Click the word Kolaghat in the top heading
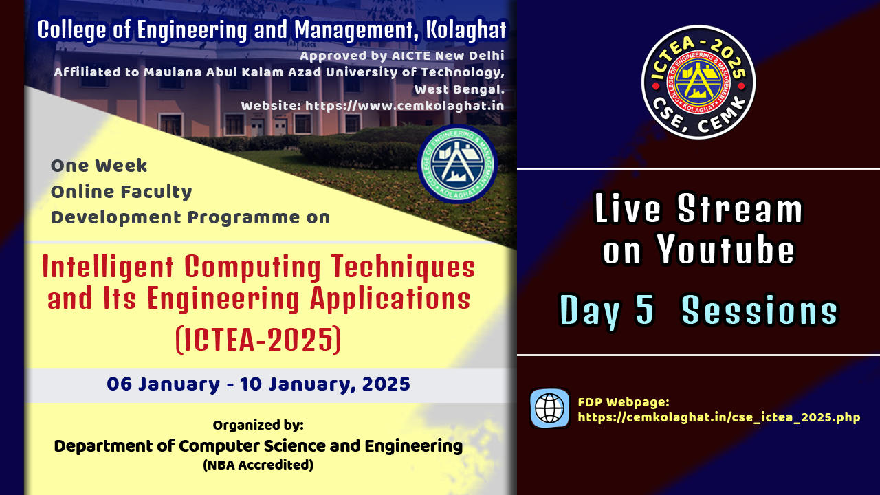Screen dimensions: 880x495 (x=467, y=30)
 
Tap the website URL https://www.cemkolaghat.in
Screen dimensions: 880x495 (x=405, y=106)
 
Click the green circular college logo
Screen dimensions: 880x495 (x=457, y=164)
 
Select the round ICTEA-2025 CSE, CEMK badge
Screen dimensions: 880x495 (x=698, y=82)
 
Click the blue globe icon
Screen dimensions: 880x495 (x=549, y=408)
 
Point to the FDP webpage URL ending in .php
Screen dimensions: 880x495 (x=719, y=417)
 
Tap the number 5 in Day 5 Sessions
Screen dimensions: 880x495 (x=645, y=310)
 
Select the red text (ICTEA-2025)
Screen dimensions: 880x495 (x=258, y=340)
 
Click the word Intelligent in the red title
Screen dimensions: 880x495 (x=108, y=268)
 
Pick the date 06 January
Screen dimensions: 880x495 (x=163, y=384)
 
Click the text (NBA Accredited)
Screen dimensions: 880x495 (x=258, y=465)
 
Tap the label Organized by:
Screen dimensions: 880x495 (x=258, y=425)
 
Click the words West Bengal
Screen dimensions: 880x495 (x=460, y=89)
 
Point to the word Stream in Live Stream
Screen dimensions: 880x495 (x=740, y=208)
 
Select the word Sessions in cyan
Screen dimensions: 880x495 (x=760, y=310)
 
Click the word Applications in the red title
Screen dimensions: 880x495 (x=390, y=299)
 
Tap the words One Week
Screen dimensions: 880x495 (x=99, y=166)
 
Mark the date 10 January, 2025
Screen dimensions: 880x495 (x=325, y=384)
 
